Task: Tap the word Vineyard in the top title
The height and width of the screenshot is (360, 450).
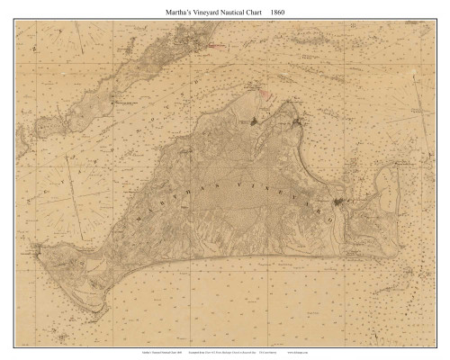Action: [195, 10]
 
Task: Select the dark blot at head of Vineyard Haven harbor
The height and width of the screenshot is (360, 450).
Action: [255, 119]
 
